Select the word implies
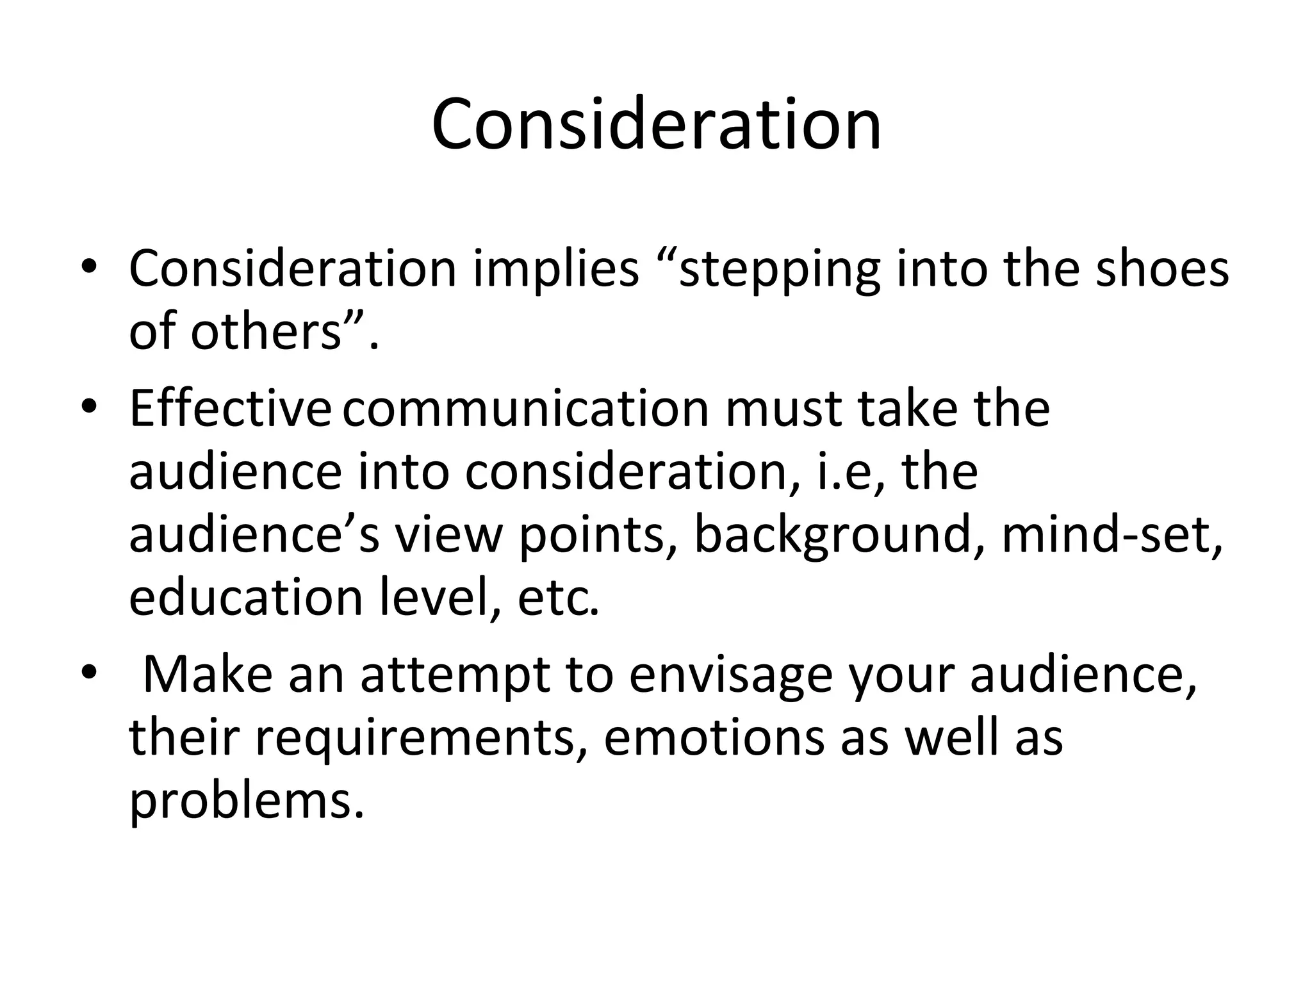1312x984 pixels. (x=556, y=269)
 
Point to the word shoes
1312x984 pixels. (x=1162, y=269)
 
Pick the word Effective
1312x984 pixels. (x=230, y=408)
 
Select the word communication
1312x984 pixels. (x=525, y=408)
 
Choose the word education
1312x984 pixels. (x=246, y=598)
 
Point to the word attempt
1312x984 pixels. (x=455, y=676)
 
